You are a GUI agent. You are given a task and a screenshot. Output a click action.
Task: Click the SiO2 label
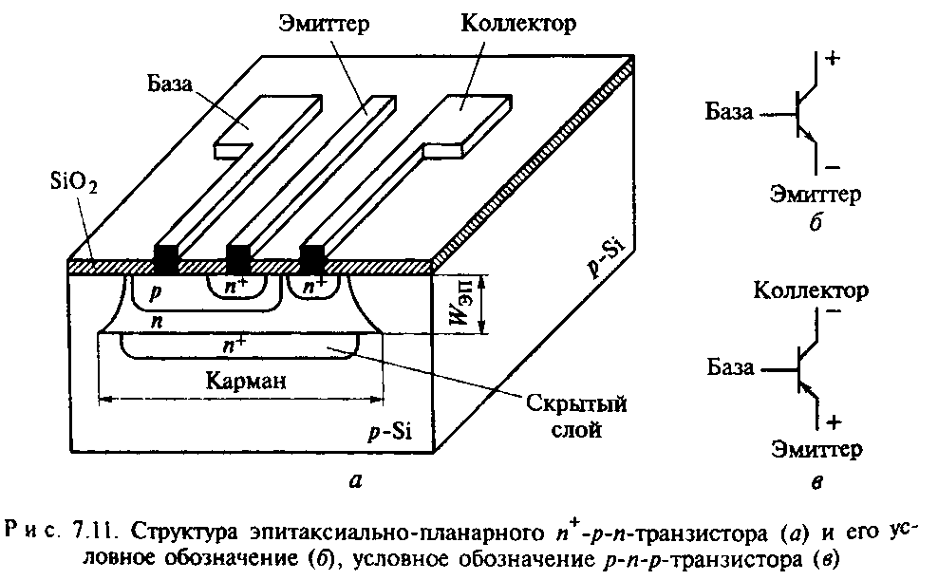pos(74,183)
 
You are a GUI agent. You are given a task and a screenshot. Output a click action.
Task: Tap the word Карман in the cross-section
pos(245,381)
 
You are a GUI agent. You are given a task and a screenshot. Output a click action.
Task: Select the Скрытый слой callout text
pos(576,416)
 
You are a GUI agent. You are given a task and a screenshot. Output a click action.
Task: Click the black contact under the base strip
pos(166,259)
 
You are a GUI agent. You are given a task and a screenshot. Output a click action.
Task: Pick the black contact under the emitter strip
pos(237,259)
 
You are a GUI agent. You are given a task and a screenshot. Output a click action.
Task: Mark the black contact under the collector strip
pos(311,259)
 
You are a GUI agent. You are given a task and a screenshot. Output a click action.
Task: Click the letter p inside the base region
pos(156,291)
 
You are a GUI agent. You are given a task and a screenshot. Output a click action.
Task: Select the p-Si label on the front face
pos(390,431)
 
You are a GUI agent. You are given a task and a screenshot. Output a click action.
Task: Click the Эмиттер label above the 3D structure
pos(324,24)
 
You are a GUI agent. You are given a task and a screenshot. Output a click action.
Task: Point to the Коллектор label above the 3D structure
pos(518,24)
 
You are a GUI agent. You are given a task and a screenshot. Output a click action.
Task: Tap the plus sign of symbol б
pos(833,58)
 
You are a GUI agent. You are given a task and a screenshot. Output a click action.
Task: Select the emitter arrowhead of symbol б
pos(810,138)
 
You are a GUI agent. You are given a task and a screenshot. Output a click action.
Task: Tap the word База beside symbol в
pos(730,367)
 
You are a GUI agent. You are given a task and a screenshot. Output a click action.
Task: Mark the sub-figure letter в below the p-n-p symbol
pos(817,482)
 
